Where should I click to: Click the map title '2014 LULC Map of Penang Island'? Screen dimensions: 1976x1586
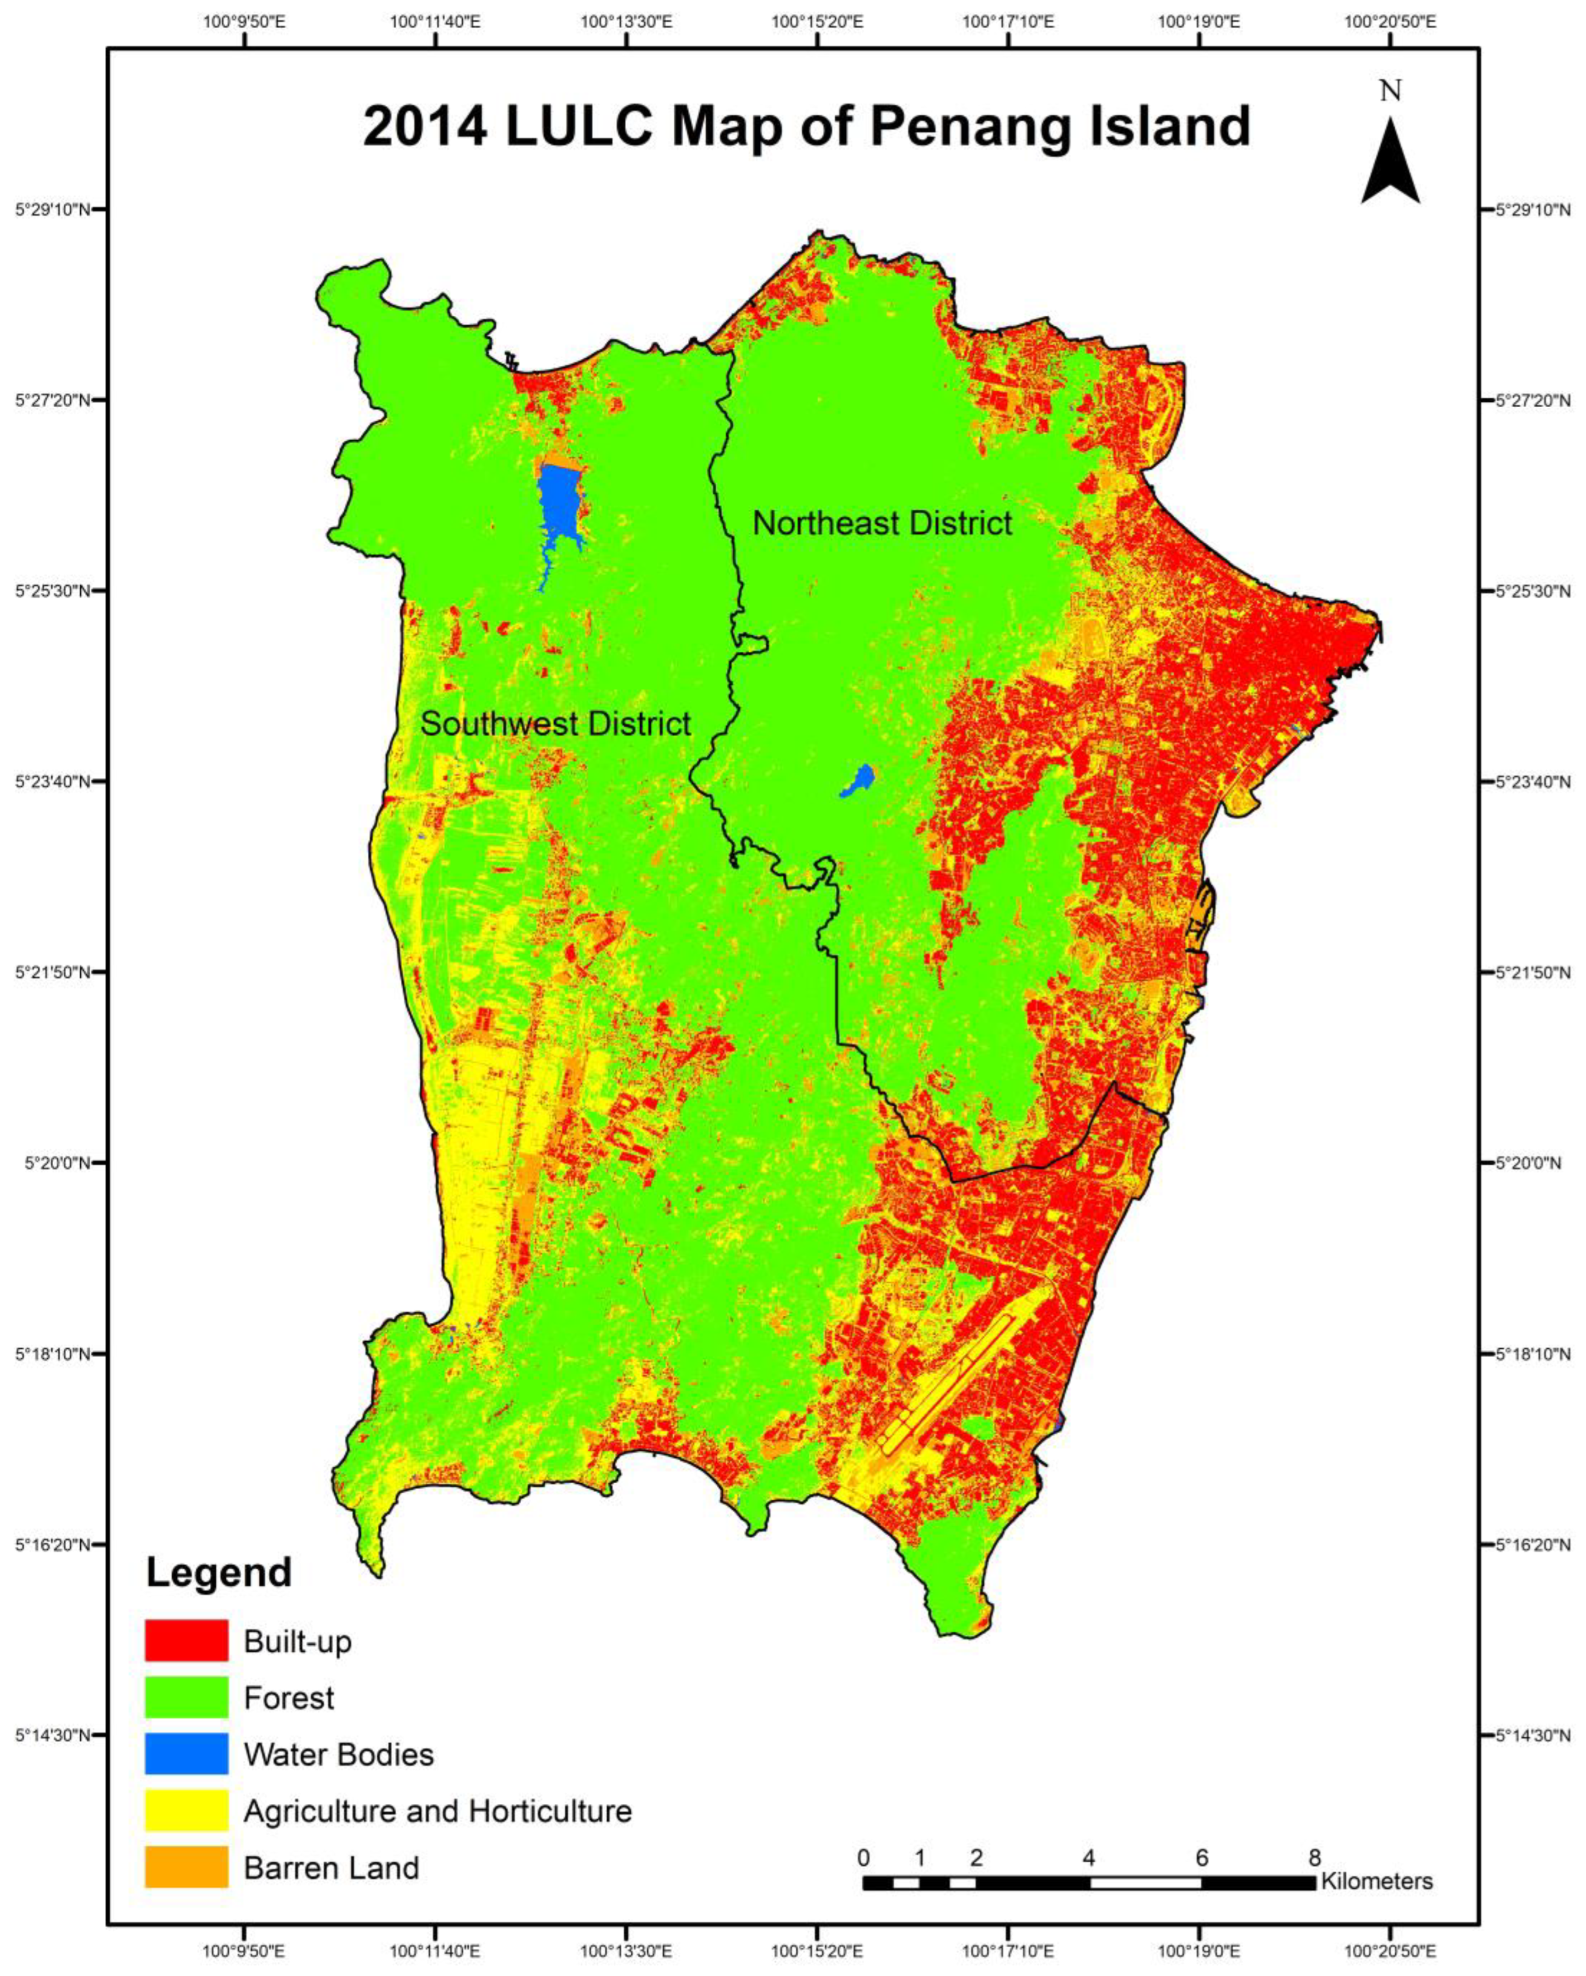pos(807,127)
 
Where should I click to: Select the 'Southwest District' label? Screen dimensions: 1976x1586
pos(555,724)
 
